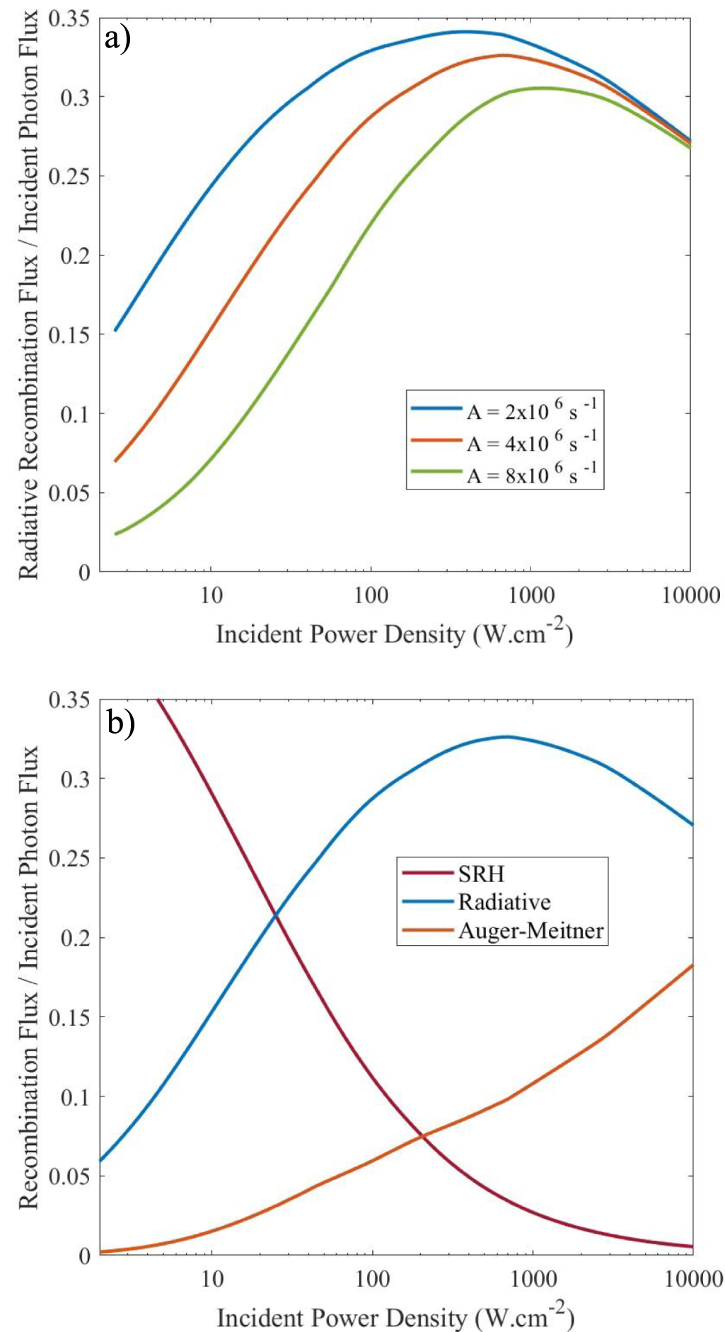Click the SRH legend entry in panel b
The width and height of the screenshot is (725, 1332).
[481, 874]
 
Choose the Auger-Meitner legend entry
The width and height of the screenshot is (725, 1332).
[530, 930]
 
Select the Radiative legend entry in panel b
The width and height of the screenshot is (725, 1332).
[504, 902]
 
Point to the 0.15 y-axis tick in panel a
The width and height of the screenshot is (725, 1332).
[70, 335]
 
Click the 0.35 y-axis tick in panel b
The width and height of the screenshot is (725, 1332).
[70, 700]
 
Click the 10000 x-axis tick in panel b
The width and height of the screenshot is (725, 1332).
[692, 1279]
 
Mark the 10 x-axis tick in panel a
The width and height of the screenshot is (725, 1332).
[211, 596]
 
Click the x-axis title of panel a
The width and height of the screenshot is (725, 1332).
[394, 633]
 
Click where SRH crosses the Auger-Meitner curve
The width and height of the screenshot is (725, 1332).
[423, 1136]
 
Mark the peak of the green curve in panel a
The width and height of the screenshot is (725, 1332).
[541, 88]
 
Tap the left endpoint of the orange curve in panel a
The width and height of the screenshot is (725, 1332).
[115, 461]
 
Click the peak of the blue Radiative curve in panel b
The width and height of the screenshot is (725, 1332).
[505, 736]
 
